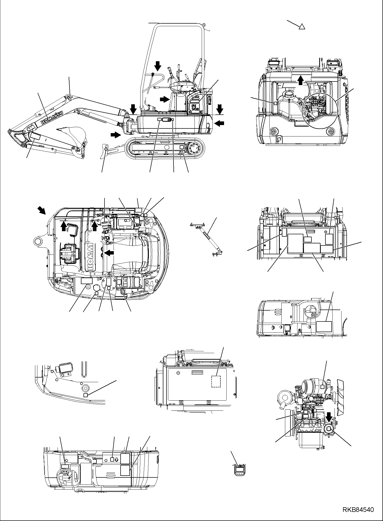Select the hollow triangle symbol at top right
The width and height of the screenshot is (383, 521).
click(x=301, y=26)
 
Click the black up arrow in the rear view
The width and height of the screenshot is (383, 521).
click(x=300, y=80)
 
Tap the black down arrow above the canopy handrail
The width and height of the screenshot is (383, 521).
click(x=157, y=66)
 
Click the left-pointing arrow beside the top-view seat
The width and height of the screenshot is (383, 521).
click(x=109, y=252)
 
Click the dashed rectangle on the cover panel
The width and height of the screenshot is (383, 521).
click(x=216, y=381)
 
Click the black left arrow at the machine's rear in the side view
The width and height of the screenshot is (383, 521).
click(x=219, y=124)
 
